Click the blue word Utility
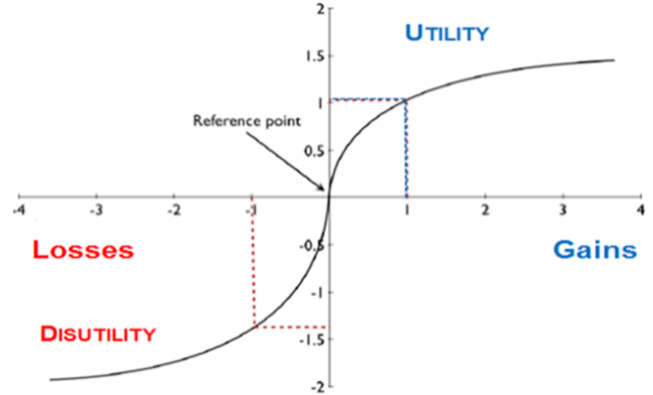click(447, 33)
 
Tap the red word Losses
click(83, 249)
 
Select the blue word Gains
click(595, 249)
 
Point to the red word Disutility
click(98, 333)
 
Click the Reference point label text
click(246, 121)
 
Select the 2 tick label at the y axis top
click(321, 8)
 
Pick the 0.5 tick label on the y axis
click(314, 151)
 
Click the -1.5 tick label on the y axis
click(311, 339)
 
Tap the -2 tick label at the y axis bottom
click(318, 387)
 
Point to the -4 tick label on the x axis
click(18, 210)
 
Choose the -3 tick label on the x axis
click(96, 210)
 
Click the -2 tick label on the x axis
click(174, 210)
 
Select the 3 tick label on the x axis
click(563, 210)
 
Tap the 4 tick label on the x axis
click(641, 210)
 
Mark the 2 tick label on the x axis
click(485, 210)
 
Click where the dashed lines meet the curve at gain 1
click(407, 99)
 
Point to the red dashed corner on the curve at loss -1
click(254, 328)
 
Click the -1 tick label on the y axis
click(318, 293)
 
